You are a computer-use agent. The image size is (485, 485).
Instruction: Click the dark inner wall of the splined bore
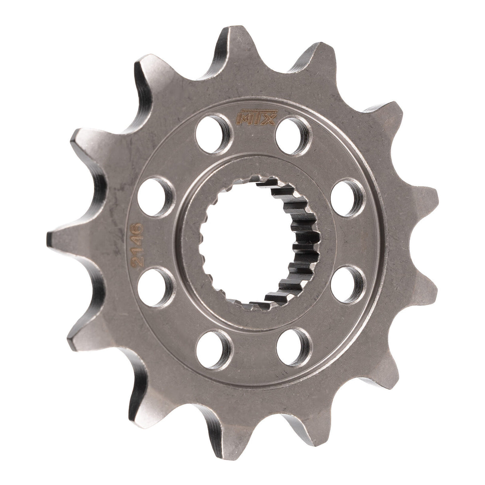[298, 240]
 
